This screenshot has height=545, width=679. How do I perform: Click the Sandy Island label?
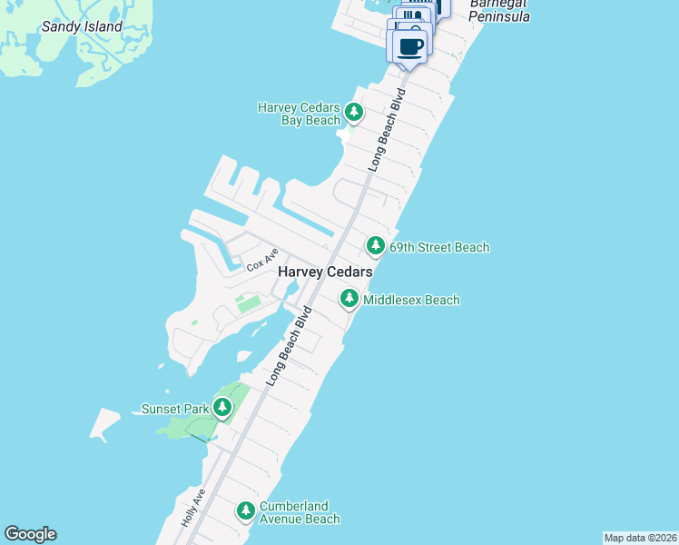click(x=82, y=26)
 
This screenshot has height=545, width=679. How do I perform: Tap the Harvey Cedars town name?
click(x=326, y=272)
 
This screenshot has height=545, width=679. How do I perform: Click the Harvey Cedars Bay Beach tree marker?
click(x=354, y=114)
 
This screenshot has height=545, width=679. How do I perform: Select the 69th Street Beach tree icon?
click(x=376, y=245)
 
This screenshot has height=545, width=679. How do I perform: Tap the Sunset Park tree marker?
click(x=222, y=408)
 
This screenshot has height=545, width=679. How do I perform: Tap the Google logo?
click(x=30, y=534)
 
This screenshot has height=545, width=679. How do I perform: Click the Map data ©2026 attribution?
click(x=640, y=538)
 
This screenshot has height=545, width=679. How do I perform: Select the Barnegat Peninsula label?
click(x=499, y=11)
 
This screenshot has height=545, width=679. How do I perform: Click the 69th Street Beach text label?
click(x=439, y=247)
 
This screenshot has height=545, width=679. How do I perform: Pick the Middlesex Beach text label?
click(x=411, y=300)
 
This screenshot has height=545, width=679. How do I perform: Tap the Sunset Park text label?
click(x=175, y=409)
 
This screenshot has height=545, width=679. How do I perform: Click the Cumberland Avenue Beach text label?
click(x=300, y=512)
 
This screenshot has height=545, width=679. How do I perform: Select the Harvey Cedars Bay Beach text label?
click(x=299, y=114)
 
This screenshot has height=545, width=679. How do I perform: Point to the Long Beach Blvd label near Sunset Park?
click(x=290, y=347)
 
